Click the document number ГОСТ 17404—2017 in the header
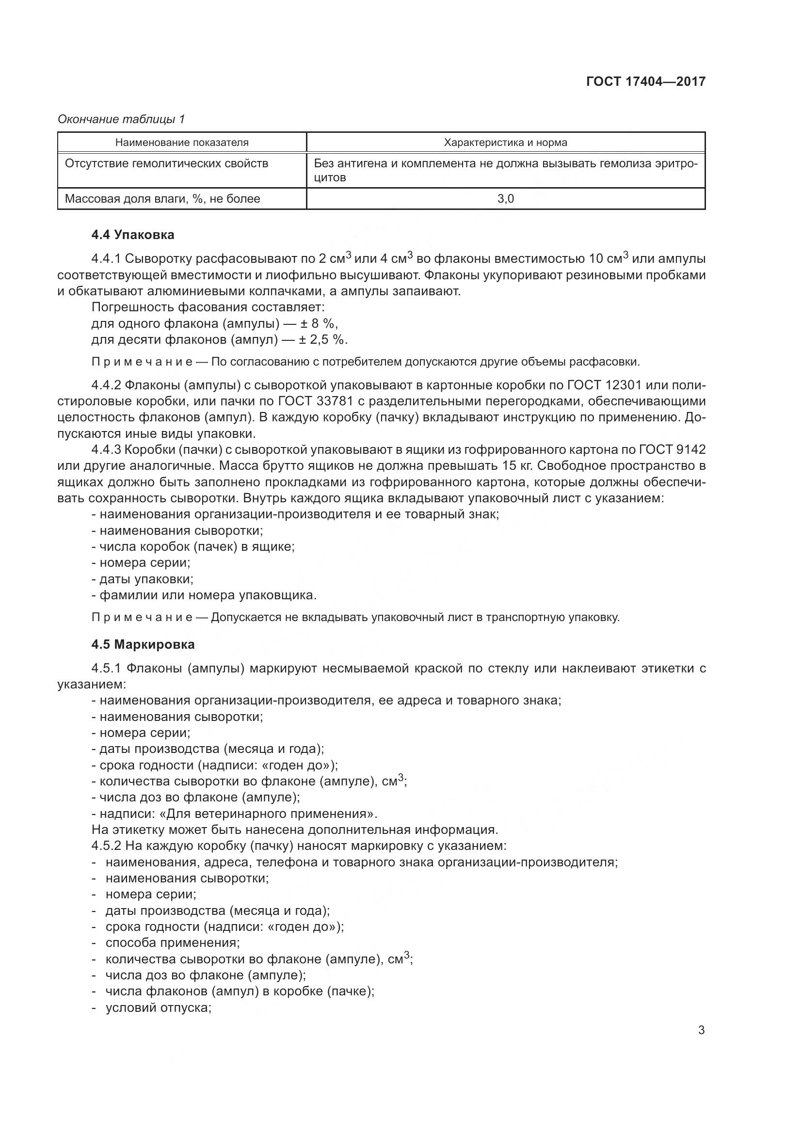pyautogui.click(x=645, y=81)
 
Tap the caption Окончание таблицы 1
pyautogui.click(x=121, y=119)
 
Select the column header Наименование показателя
pyautogui.click(x=182, y=143)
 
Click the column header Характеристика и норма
pyautogui.click(x=506, y=143)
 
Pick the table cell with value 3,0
pyautogui.click(x=506, y=199)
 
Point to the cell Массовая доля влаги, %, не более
pyautogui.click(x=162, y=199)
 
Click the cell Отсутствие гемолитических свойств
pyautogui.click(x=166, y=163)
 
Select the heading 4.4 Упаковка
pyautogui.click(x=132, y=235)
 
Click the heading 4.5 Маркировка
pyautogui.click(x=143, y=644)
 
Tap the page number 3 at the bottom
pyautogui.click(x=701, y=1030)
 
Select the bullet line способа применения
pyautogui.click(x=172, y=942)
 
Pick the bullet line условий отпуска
pyautogui.click(x=159, y=1007)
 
